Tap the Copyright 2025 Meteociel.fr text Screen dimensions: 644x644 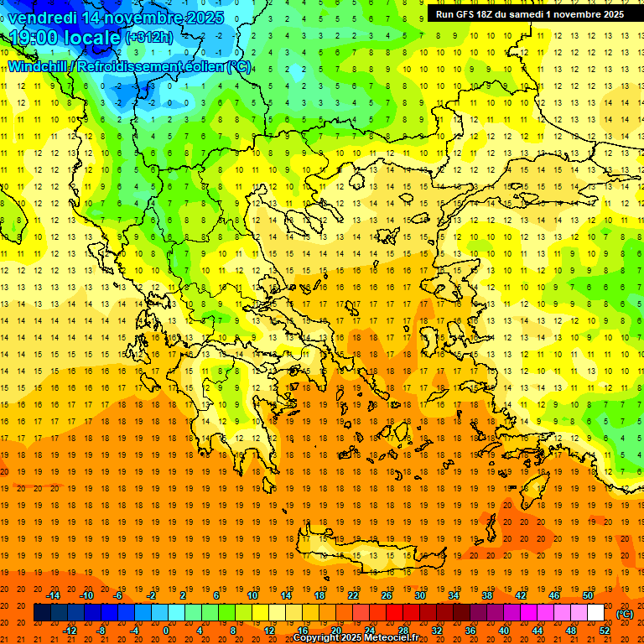tap(356, 638)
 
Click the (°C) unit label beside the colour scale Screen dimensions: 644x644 tap(625, 614)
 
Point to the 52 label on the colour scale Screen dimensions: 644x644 tap(605, 631)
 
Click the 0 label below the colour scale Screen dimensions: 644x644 tap(166, 631)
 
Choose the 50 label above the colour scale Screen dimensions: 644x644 tap(587, 595)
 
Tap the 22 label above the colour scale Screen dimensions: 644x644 tap(353, 595)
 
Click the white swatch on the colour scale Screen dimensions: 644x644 tap(595, 613)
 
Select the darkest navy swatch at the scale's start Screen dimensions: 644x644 tap(42, 613)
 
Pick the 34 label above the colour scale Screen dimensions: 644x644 tap(453, 595)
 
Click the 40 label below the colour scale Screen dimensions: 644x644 tap(504, 631)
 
